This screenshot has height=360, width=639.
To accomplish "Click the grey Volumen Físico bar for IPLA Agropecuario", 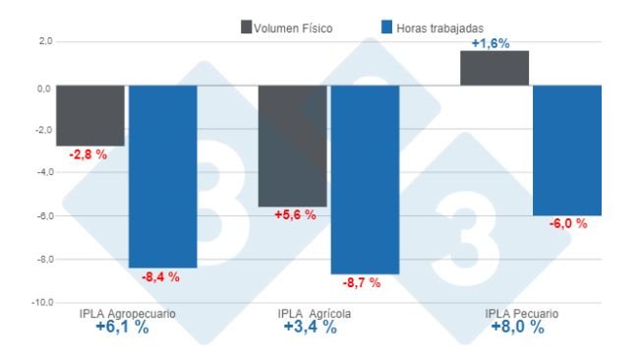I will (x=89, y=115).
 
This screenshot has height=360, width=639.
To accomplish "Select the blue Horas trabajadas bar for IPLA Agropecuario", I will (x=162, y=176).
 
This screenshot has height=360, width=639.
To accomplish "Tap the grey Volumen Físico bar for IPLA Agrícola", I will (x=292, y=146).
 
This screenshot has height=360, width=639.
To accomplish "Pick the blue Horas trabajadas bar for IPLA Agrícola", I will (x=365, y=179).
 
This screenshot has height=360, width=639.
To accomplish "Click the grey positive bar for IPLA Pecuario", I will (x=494, y=68).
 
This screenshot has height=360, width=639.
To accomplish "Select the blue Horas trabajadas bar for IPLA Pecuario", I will (x=567, y=150).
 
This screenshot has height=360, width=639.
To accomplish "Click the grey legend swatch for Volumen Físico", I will (x=246, y=27).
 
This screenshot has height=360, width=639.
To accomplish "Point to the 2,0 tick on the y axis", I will (x=43, y=42).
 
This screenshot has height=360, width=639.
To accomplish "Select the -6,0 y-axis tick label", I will (x=42, y=215).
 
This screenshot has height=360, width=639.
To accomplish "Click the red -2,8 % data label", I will (x=87, y=155).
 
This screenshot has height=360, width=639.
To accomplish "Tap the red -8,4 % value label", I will (x=161, y=277).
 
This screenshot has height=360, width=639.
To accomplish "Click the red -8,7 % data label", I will (x=362, y=283).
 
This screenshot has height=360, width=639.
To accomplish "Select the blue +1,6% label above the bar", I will (x=492, y=43).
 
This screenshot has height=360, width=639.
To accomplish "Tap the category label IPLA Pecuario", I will (x=521, y=314).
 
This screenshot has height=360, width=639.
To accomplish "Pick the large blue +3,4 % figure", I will (x=310, y=328).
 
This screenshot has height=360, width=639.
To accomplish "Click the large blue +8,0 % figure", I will (x=517, y=328).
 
